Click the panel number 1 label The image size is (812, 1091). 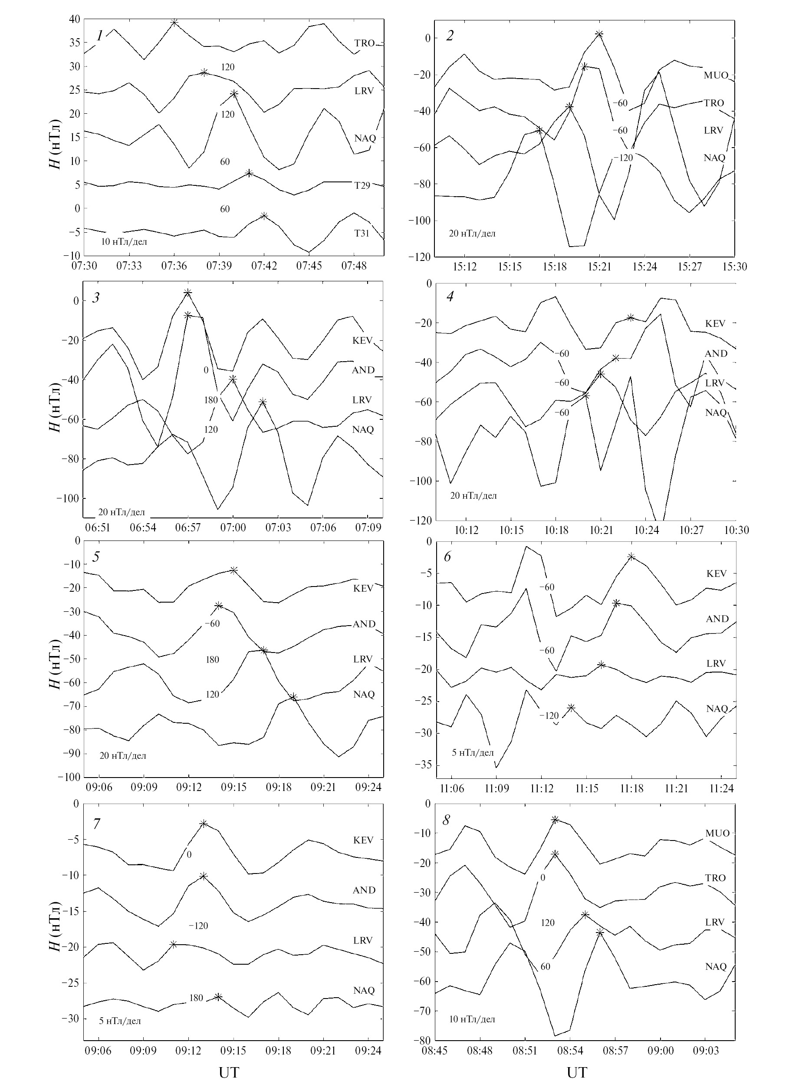(x=100, y=36)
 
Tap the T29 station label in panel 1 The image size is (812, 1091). (x=362, y=186)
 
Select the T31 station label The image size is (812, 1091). (x=362, y=234)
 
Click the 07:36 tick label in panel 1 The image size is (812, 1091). (x=174, y=266)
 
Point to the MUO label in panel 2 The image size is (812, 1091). (x=716, y=76)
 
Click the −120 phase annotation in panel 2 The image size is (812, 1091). (x=623, y=158)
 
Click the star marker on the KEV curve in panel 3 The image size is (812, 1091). (x=188, y=293)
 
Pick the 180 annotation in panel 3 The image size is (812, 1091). (x=211, y=400)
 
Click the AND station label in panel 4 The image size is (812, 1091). (x=716, y=353)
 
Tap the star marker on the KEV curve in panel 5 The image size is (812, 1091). (x=234, y=570)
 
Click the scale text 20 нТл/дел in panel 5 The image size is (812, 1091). (x=123, y=756)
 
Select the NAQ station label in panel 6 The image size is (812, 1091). (x=717, y=709)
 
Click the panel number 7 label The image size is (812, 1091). (x=96, y=824)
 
